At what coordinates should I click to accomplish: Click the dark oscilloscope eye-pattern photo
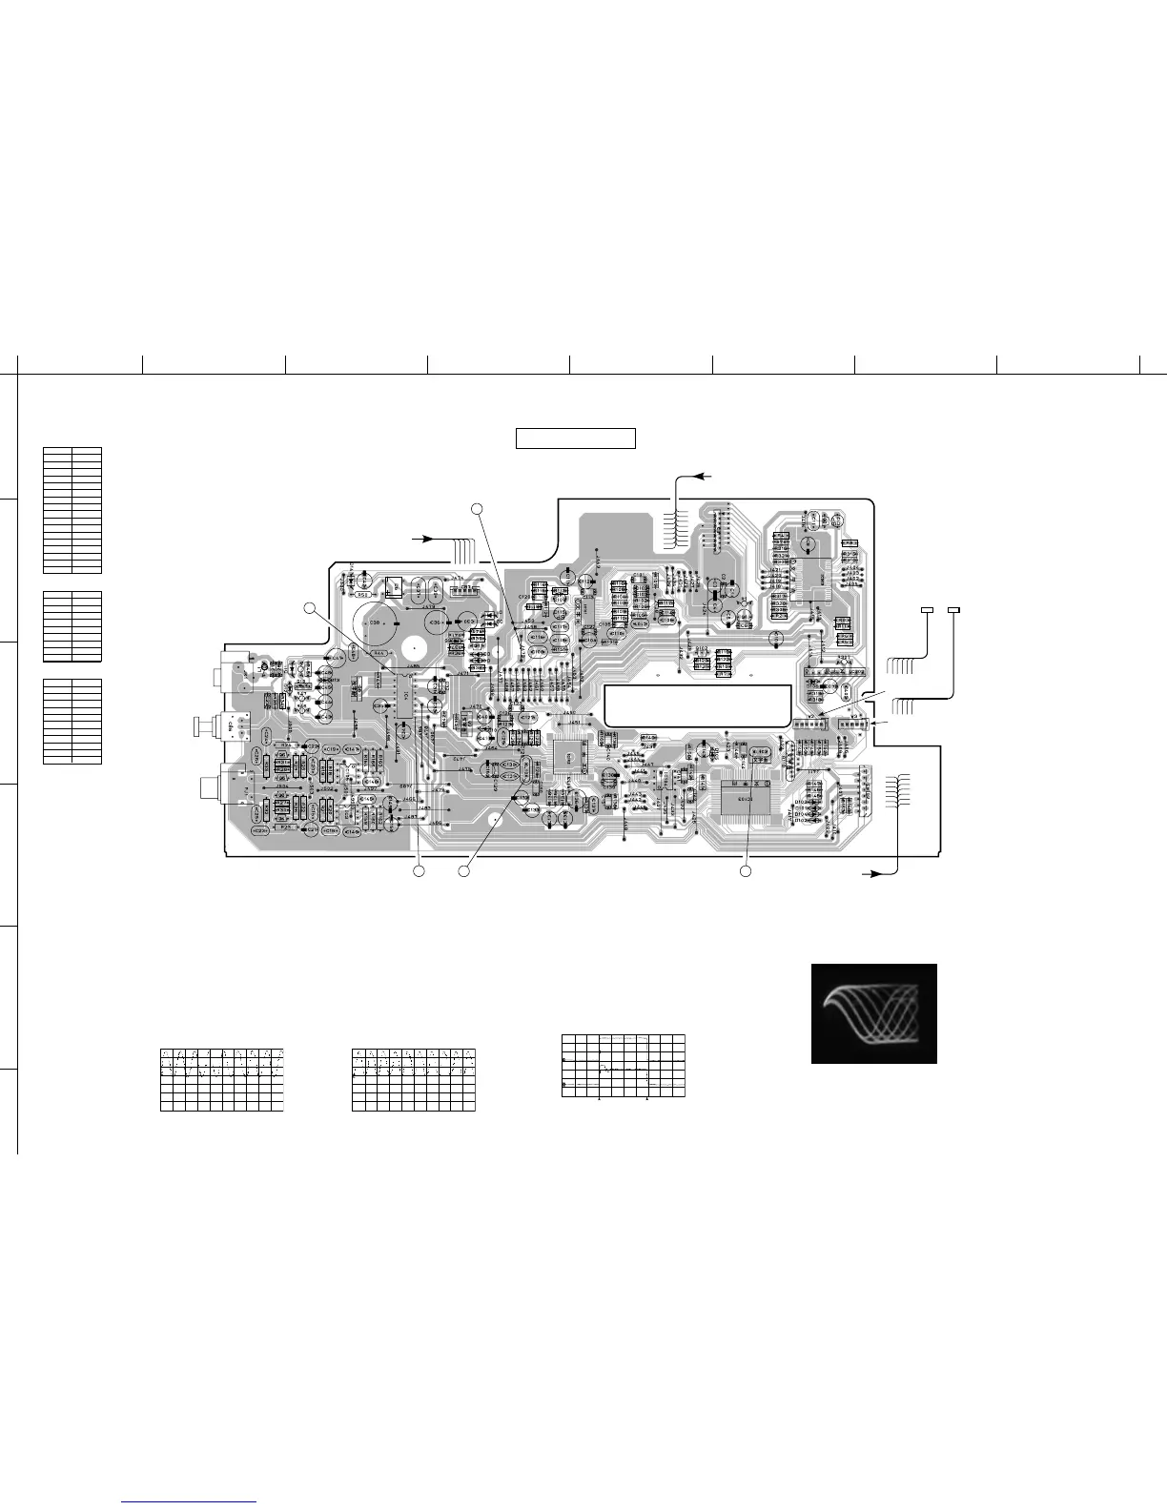pyautogui.click(x=873, y=1013)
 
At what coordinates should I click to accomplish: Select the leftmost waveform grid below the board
pyautogui.click(x=222, y=1079)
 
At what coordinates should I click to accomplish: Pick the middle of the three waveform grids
pyautogui.click(x=413, y=1079)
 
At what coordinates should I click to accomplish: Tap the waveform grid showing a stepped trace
pyautogui.click(x=624, y=1065)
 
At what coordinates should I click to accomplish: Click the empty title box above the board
pyautogui.click(x=576, y=439)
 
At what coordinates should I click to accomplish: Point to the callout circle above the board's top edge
pyautogui.click(x=479, y=507)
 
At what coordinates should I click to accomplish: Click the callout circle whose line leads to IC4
pyautogui.click(x=309, y=608)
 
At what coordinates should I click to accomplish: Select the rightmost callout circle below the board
pyautogui.click(x=746, y=870)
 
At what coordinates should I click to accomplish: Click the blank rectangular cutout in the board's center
pyautogui.click(x=697, y=703)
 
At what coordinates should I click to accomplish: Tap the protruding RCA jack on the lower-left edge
pyautogui.click(x=211, y=788)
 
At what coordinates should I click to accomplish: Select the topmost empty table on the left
pyautogui.click(x=72, y=509)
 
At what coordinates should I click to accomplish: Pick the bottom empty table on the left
pyautogui.click(x=72, y=721)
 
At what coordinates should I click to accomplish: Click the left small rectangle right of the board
pyautogui.click(x=926, y=609)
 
